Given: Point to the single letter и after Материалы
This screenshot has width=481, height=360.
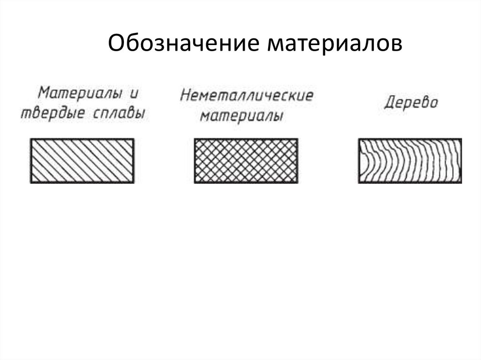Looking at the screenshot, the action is pos(134,93).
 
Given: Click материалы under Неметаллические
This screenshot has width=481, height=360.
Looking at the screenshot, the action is pos(242,116).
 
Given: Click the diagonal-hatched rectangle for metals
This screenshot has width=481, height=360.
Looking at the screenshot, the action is pos(82,161).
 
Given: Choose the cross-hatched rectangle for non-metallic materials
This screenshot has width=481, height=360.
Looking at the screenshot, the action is pos(246,161).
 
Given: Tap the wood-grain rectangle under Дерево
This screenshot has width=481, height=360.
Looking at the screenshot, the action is pos(410,161).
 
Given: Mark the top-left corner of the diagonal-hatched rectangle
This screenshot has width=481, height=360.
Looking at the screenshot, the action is pos(31,139).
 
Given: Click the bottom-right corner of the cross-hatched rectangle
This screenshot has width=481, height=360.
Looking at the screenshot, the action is pos(297,182).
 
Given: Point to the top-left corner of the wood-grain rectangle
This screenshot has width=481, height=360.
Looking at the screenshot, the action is pos(359,139).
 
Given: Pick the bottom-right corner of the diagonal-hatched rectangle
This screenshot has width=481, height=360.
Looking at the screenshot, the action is pos(133,182).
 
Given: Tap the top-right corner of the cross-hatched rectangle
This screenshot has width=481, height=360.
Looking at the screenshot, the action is pos(297,139).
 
